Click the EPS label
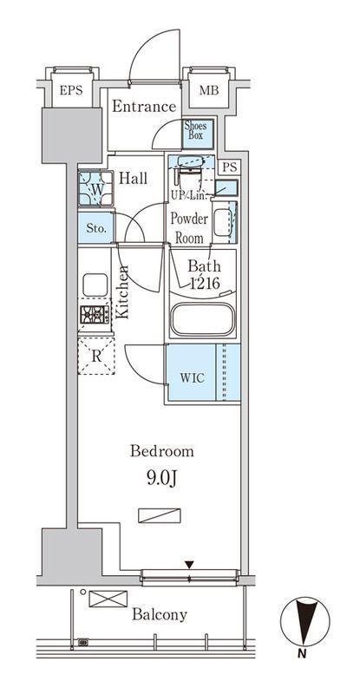71,91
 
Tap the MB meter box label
208,91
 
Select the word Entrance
144,107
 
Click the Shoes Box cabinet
199,134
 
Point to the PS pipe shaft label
230,167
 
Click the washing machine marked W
95,188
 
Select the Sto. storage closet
95,228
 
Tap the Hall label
134,179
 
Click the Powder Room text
189,228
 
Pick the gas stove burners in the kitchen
95,314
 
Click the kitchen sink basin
95,285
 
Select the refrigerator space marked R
96,357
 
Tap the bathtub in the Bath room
203,319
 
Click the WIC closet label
193,378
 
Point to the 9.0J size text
161,478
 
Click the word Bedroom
161,451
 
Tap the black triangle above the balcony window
189,565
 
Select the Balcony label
160,615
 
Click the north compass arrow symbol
305,621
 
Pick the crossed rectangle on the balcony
108,599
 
